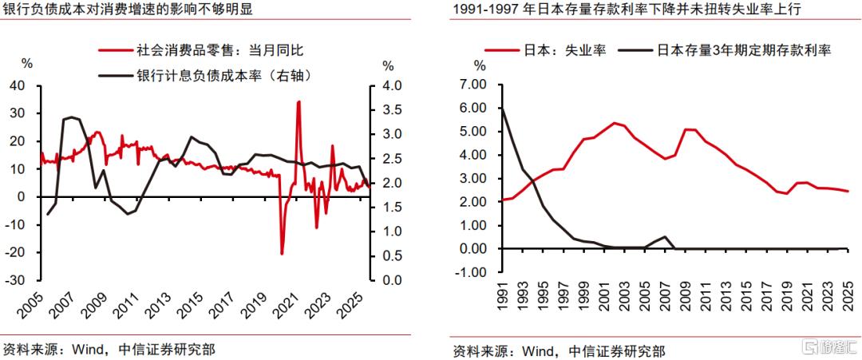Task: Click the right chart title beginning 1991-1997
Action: pyautogui.click(x=627, y=10)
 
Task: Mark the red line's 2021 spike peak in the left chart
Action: pyautogui.click(x=299, y=102)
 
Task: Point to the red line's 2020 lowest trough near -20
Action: pyautogui.click(x=282, y=253)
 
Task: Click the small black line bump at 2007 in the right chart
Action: pyautogui.click(x=665, y=236)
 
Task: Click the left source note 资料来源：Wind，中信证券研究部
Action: pyautogui.click(x=109, y=349)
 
